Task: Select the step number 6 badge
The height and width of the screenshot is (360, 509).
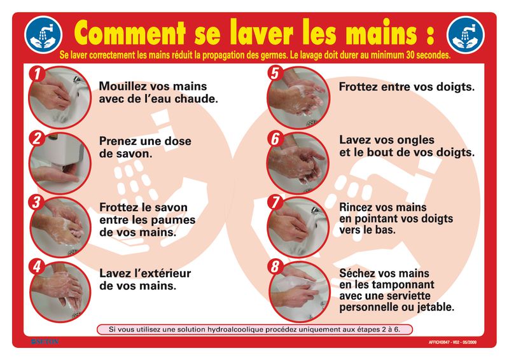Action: (x=275, y=138)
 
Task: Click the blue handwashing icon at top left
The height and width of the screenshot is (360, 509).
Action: (x=44, y=34)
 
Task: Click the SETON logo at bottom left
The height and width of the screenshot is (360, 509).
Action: (x=44, y=342)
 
